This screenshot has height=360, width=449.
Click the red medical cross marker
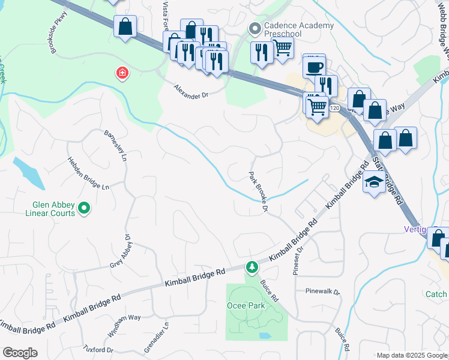pos(122,73)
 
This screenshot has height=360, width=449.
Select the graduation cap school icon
pos(374,182)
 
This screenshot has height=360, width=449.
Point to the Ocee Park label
pos(246,305)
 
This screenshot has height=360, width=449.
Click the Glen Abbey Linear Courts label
pos(50,208)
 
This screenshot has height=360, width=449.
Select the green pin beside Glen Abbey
pos(85,209)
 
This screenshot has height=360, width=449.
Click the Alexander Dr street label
pos(190,91)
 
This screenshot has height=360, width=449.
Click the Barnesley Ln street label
pos(116,146)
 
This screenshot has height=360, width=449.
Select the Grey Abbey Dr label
pos(119,253)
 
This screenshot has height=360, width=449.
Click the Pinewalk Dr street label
pos(322,292)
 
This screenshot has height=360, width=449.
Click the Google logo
pos(20,353)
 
